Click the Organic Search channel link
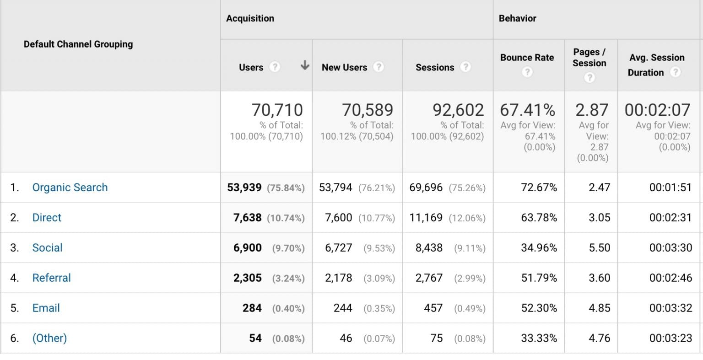[70, 188]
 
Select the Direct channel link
[47, 218]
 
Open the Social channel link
[47, 248]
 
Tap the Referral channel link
[51, 278]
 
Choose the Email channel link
[46, 308]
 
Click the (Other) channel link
[49, 339]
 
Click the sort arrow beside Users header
[304, 66]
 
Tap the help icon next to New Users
[378, 67]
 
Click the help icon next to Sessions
[465, 67]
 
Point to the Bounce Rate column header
[527, 58]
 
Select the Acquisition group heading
[250, 18]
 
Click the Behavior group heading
[517, 18]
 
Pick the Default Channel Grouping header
[78, 44]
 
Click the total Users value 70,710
[277, 110]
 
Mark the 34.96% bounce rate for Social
[539, 248]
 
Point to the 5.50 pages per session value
[599, 248]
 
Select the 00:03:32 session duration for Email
[671, 308]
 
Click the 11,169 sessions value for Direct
[426, 218]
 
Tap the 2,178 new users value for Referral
[338, 278]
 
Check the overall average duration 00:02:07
[657, 110]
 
